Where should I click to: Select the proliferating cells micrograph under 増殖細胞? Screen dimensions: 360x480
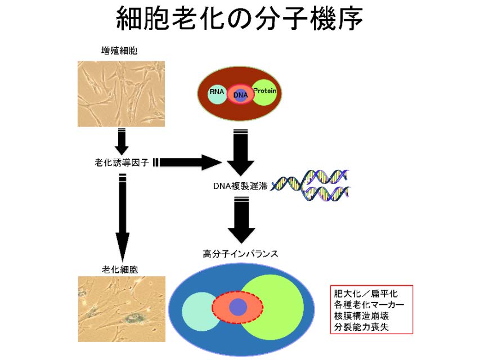[121, 93]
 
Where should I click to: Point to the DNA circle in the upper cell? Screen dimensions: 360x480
[240, 94]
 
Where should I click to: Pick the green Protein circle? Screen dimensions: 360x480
[267, 92]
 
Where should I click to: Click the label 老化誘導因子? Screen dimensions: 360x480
[123, 163]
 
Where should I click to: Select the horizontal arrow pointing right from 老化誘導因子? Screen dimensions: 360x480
[189, 163]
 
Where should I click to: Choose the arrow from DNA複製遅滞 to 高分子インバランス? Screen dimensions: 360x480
[241, 222]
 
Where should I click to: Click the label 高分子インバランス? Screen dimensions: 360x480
[240, 254]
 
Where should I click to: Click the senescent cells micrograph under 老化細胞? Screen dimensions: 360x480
[122, 309]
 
